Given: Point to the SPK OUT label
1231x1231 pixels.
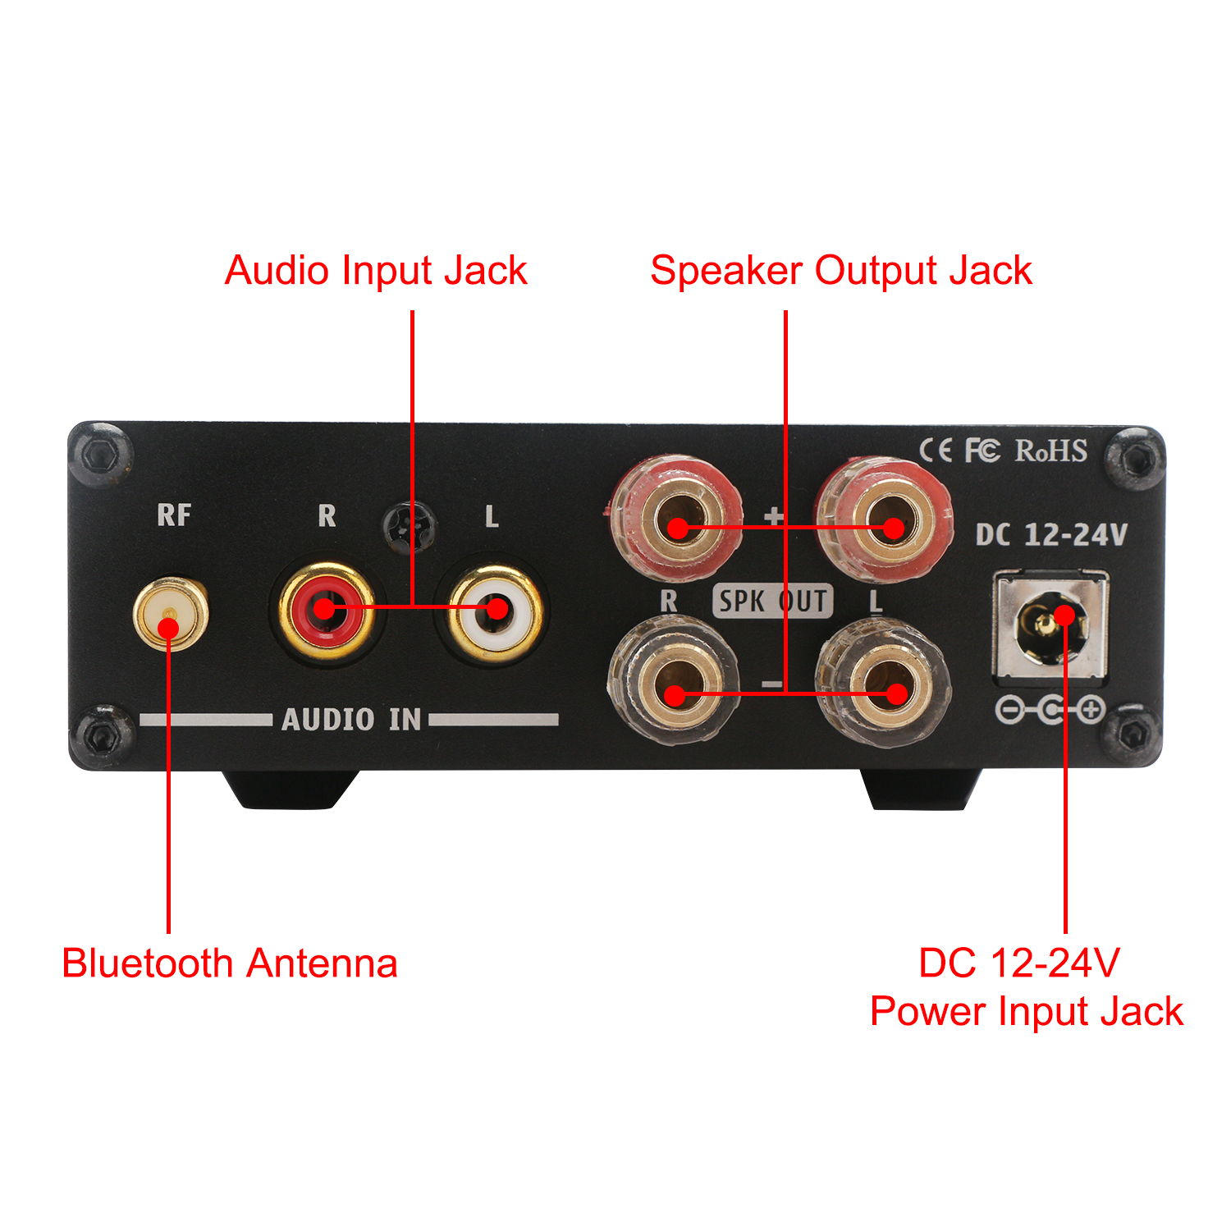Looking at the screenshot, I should coord(772,602).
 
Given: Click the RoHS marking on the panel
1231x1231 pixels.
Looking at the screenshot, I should coord(1051,451).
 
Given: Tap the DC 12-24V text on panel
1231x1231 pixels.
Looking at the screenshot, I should coord(1051,535).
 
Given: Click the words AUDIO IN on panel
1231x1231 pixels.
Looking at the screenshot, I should coord(351,720).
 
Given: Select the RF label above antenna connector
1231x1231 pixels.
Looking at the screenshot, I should coord(174,515).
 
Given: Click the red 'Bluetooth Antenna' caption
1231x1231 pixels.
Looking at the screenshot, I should coord(230,963).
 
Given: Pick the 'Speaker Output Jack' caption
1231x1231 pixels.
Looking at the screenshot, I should coord(840,271).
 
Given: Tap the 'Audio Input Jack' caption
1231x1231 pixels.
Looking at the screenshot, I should coord(376,271).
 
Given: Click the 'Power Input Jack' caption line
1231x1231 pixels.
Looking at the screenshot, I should coord(1026,1012).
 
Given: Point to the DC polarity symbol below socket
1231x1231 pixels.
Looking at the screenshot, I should coord(1050,709).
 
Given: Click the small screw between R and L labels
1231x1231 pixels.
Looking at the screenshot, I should coord(410,525).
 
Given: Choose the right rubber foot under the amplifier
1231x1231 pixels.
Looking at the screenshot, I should coord(921,789).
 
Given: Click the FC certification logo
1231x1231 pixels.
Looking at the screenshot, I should coord(982,451).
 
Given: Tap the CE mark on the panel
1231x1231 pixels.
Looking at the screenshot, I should coord(936,451).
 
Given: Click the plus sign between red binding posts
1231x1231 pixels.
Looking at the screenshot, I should coord(773,515).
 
